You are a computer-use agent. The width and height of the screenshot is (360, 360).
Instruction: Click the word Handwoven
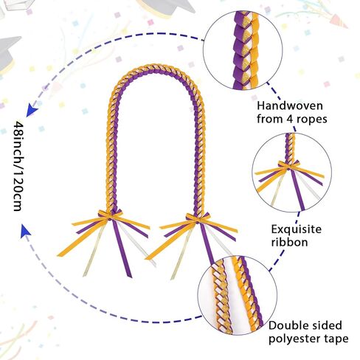(290, 106)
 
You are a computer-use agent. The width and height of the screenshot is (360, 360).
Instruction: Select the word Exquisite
(297, 229)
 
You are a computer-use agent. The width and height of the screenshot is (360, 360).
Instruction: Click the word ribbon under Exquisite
(289, 242)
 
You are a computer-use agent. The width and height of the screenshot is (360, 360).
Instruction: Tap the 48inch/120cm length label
(18, 166)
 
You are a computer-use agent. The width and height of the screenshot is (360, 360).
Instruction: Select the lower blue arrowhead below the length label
(26, 231)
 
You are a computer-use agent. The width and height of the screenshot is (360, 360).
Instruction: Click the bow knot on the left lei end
(110, 215)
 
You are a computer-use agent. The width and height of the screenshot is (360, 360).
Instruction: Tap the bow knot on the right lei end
(198, 218)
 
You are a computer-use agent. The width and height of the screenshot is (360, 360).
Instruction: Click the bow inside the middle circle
(289, 165)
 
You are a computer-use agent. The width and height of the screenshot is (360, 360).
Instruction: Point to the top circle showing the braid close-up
(243, 50)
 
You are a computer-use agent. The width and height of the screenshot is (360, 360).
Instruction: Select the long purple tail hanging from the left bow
(122, 249)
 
